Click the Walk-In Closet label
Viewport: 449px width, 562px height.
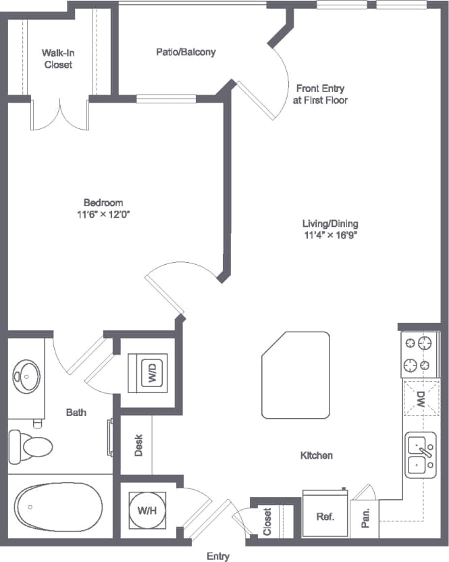pos(57,59)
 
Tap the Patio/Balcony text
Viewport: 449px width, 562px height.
pos(186,51)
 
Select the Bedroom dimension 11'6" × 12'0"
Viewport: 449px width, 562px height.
pos(103,214)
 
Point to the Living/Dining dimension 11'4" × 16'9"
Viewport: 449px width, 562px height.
pos(331,236)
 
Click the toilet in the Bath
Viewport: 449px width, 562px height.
pos(30,446)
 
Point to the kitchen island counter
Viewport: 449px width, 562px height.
pos(296,376)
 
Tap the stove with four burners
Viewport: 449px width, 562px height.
pos(417,355)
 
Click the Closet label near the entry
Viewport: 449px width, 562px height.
pos(267,521)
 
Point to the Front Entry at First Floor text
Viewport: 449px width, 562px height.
pos(320,94)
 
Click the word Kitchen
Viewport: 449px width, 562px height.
pos(316,456)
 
